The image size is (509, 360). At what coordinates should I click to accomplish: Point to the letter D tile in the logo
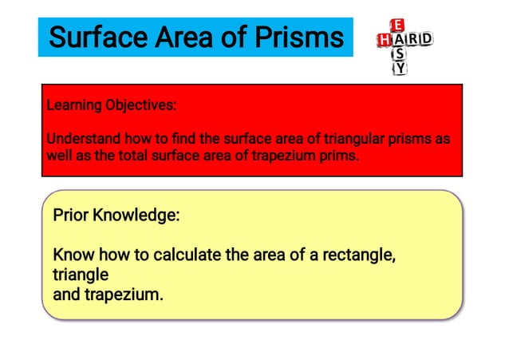coord(426,39)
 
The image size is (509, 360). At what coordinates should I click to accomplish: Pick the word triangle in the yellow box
coord(80,275)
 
